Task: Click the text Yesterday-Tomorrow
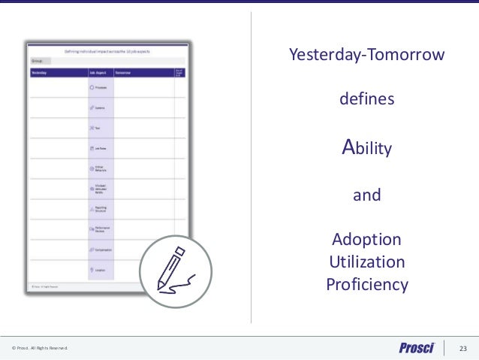(367, 55)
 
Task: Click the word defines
(367, 100)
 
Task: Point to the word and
(367, 196)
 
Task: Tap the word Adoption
(367, 240)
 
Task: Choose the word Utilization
(367, 262)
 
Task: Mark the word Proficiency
(367, 285)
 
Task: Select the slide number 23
(462, 348)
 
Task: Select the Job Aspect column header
(98, 73)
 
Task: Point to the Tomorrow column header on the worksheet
(125, 73)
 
